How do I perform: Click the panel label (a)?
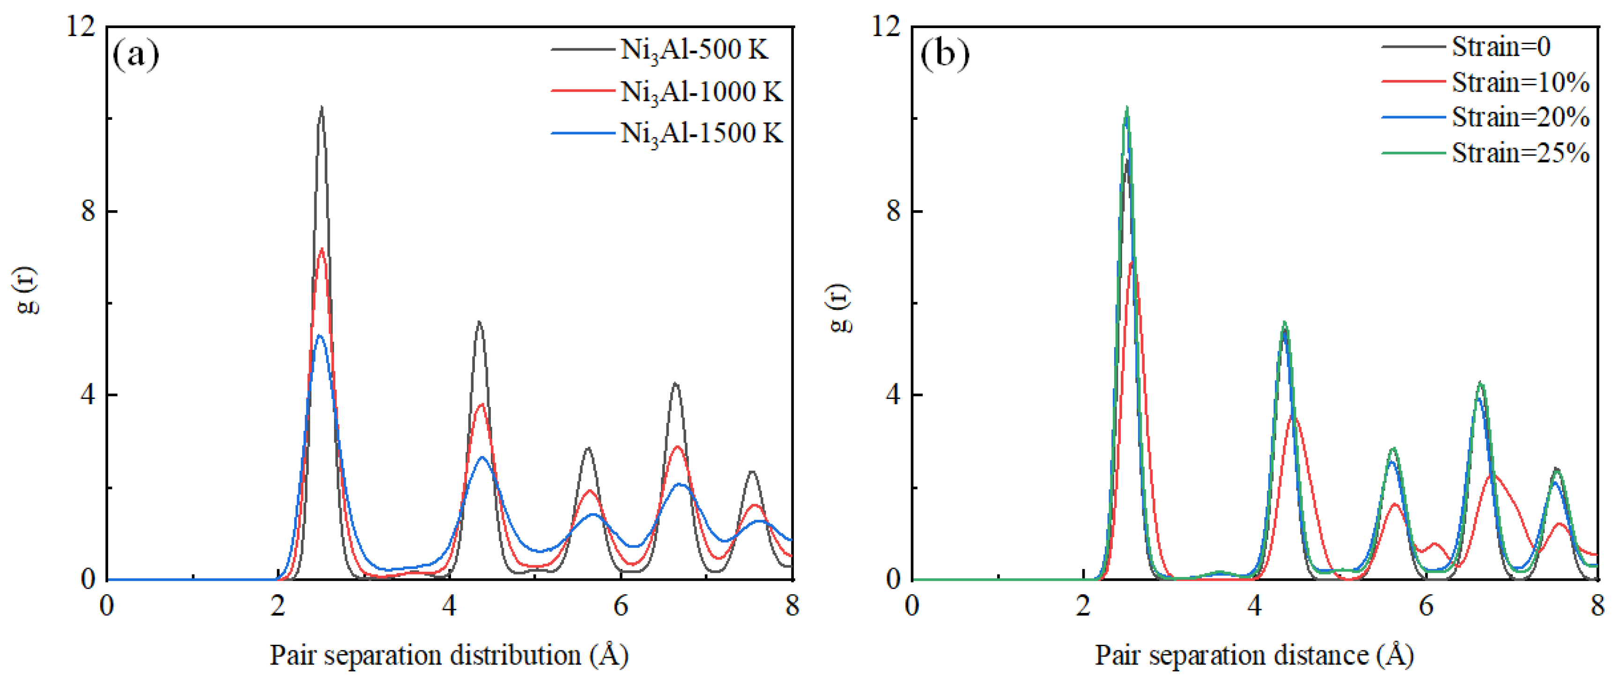(135, 54)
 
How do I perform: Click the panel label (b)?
(944, 54)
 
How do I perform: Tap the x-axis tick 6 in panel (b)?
(1426, 606)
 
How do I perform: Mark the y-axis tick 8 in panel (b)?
(894, 212)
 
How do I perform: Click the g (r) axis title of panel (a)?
(28, 290)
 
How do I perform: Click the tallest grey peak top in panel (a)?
(321, 108)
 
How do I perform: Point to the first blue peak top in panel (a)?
(319, 336)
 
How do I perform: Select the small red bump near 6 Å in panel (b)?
(1435, 544)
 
